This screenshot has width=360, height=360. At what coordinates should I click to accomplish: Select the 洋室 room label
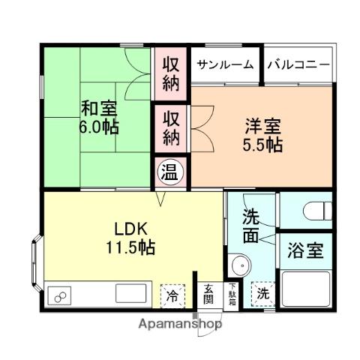click(262, 125)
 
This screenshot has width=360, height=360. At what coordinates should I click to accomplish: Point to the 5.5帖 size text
click(262, 144)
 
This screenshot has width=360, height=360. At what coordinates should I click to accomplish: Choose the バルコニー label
click(298, 65)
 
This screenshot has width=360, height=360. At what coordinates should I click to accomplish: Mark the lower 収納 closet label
click(172, 128)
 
